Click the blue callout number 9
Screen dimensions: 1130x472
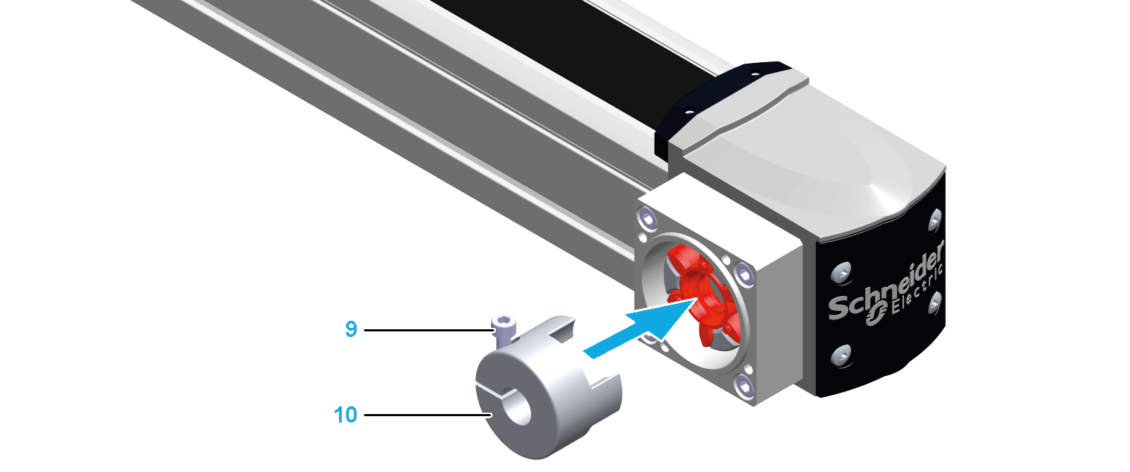(x=351, y=329)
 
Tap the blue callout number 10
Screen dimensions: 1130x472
(x=345, y=415)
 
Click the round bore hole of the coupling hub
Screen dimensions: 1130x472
(x=518, y=406)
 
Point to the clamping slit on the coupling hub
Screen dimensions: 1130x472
(x=494, y=391)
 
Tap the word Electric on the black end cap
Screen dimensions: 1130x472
(x=917, y=292)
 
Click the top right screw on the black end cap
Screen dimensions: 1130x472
(x=935, y=220)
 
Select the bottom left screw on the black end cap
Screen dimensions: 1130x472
(x=842, y=355)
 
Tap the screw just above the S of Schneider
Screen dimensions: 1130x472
(x=842, y=273)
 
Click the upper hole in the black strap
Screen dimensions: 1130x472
(x=754, y=73)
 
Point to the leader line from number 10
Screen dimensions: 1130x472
(x=428, y=415)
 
